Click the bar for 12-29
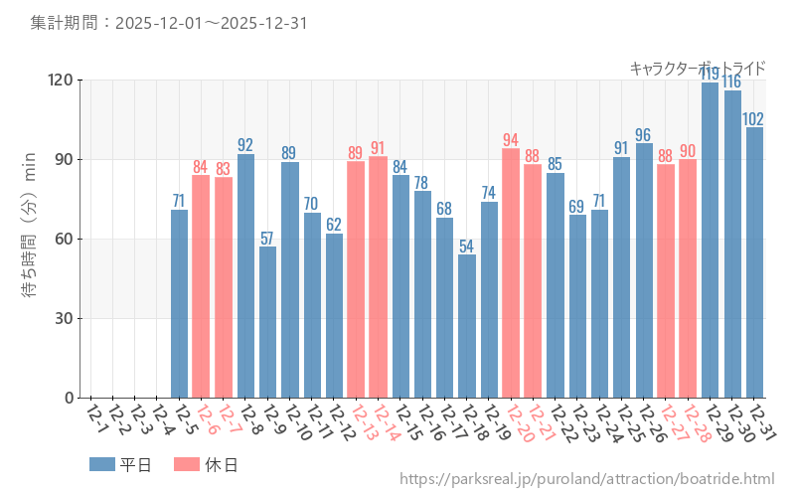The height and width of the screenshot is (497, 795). pyautogui.click(x=711, y=240)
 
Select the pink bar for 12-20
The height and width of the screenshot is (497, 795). pyautogui.click(x=511, y=273)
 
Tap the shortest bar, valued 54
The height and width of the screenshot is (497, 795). pyautogui.click(x=467, y=326)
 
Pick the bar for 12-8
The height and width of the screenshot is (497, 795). pyautogui.click(x=245, y=275)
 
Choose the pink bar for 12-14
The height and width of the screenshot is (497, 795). pyautogui.click(x=378, y=277)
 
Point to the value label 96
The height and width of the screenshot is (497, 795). pyautogui.click(x=643, y=135)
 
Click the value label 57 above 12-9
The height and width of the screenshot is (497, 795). pyautogui.click(x=267, y=239)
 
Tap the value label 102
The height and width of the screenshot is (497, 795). pyautogui.click(x=753, y=119)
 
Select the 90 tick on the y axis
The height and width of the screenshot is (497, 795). pyautogui.click(x=62, y=160)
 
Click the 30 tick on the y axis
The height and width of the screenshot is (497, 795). pyautogui.click(x=62, y=319)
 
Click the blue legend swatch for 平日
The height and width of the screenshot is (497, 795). pyautogui.click(x=102, y=464)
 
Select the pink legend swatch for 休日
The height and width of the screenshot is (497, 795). pyautogui.click(x=187, y=464)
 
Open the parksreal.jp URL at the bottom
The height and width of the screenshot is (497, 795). pyautogui.click(x=586, y=480)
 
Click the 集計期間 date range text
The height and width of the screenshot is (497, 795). pyautogui.click(x=168, y=22)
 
